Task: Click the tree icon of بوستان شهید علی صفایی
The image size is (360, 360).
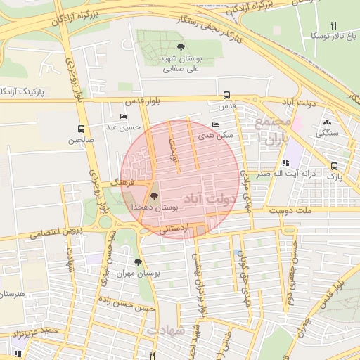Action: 182,48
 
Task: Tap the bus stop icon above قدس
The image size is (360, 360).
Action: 226,95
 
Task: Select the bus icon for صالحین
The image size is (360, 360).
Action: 82,129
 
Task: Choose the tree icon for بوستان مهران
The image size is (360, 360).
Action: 137,262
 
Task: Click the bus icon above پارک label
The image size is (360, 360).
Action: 333,167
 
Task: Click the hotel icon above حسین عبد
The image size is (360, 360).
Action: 124,117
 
